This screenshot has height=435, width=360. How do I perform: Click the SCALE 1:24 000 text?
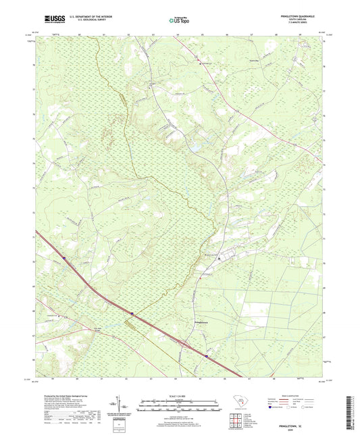pos(180,395)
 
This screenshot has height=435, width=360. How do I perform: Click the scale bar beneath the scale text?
pos(180,407)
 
